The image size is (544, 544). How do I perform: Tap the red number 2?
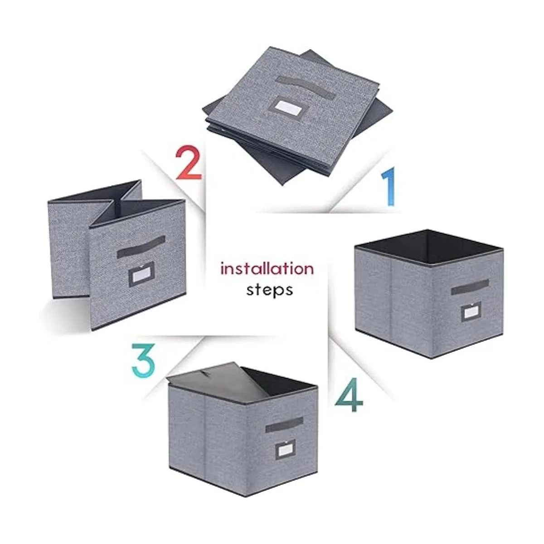[x=189, y=162]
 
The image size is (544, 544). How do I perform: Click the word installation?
[x=267, y=268]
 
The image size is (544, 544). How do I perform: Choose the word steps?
[x=269, y=290]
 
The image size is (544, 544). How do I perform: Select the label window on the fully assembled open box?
[x=471, y=311]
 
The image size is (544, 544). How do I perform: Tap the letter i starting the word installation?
[x=223, y=269]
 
